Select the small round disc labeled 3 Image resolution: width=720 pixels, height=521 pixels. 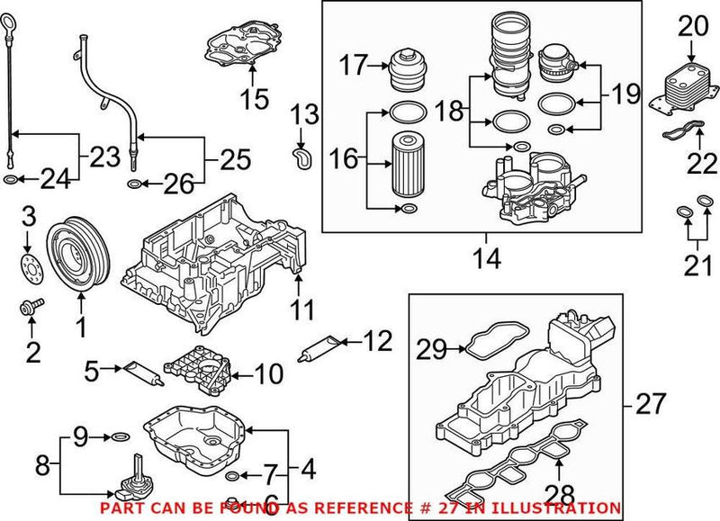click(x=30, y=267)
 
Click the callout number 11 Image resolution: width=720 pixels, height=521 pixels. click(x=302, y=312)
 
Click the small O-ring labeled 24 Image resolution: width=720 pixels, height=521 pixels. click(x=9, y=181)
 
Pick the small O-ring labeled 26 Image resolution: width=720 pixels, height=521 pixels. click(x=133, y=185)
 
